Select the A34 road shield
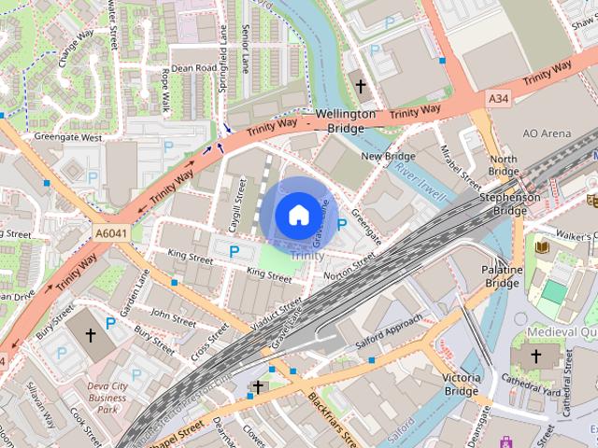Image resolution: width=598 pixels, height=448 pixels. click(x=498, y=97)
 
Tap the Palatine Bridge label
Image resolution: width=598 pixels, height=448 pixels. click(x=502, y=276)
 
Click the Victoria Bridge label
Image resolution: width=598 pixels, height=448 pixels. click(x=462, y=385)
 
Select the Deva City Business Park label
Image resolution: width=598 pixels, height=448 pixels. click(x=107, y=396)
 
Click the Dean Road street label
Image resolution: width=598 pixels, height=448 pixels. click(x=193, y=68)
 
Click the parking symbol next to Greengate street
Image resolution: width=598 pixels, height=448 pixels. click(x=342, y=224)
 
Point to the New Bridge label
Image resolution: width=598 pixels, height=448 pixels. click(x=388, y=156)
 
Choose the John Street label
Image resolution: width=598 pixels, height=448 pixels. click(x=172, y=315)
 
